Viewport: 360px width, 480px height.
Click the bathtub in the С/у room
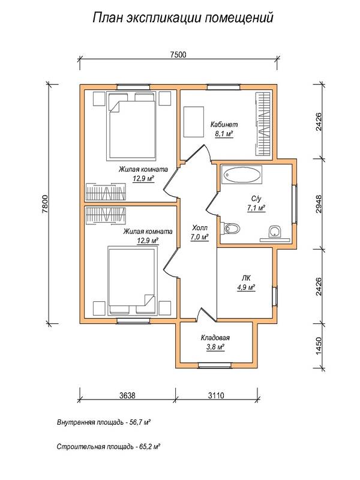point(242,175)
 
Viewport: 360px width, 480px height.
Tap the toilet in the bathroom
point(231,229)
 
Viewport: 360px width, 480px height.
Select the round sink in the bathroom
point(275,231)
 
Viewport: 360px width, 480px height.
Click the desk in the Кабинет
point(193,122)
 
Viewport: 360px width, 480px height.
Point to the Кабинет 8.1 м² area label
point(224,129)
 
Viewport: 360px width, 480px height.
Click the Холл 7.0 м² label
point(200,232)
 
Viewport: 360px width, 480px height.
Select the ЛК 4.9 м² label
point(246,283)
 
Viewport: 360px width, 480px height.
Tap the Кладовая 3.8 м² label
point(215,342)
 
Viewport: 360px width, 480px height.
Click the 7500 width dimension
point(178,55)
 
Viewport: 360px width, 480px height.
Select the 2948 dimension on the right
point(319,204)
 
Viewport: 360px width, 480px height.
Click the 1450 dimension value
point(319,346)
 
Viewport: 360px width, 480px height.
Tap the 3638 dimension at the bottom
point(127,395)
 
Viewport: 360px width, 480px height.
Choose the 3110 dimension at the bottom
point(216,395)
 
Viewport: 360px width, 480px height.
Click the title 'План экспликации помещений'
point(183,17)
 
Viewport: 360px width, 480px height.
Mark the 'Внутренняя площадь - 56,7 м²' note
point(103,423)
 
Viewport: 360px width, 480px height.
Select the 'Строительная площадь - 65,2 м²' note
point(109,446)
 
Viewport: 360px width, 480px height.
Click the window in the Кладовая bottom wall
point(214,365)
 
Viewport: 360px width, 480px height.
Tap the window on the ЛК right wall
point(275,296)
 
